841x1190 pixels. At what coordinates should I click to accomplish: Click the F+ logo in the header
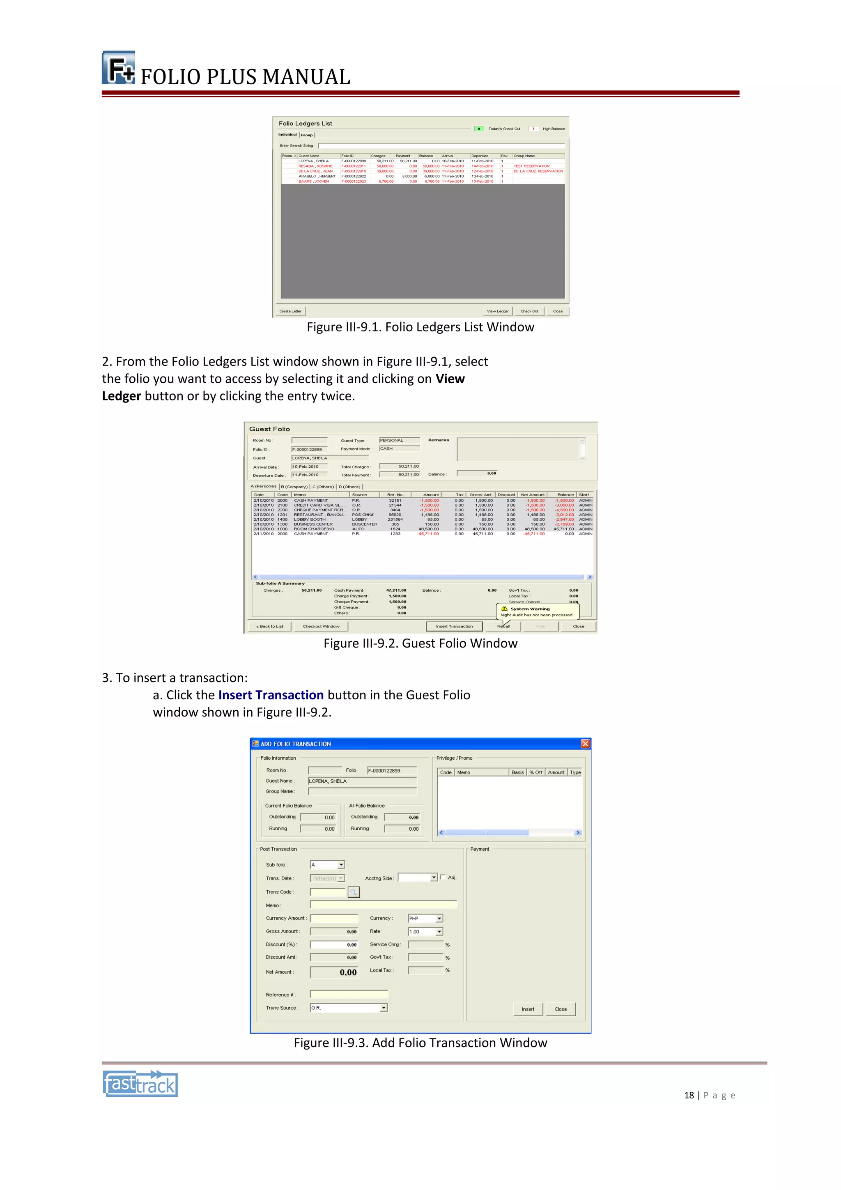pos(118,68)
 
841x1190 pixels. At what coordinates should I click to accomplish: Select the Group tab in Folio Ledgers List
pos(307,135)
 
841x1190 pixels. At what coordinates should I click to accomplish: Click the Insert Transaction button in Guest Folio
pos(454,626)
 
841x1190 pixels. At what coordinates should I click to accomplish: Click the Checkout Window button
pos(321,626)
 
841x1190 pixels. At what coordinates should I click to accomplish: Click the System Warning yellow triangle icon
pos(504,609)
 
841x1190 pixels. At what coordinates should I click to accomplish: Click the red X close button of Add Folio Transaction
pos(585,744)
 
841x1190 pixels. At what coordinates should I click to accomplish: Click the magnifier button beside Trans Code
pos(354,892)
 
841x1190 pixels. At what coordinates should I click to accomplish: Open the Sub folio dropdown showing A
pos(341,864)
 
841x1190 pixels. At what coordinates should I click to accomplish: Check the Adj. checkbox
pos(443,877)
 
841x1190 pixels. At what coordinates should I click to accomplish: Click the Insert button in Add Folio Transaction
pos(528,1009)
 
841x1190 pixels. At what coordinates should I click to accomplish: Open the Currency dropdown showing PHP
pos(439,919)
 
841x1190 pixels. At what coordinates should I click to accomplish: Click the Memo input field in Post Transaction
pos(384,905)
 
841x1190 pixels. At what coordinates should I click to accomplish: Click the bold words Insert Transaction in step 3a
pos(271,695)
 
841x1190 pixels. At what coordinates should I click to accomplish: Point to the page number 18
pos(689,1095)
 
